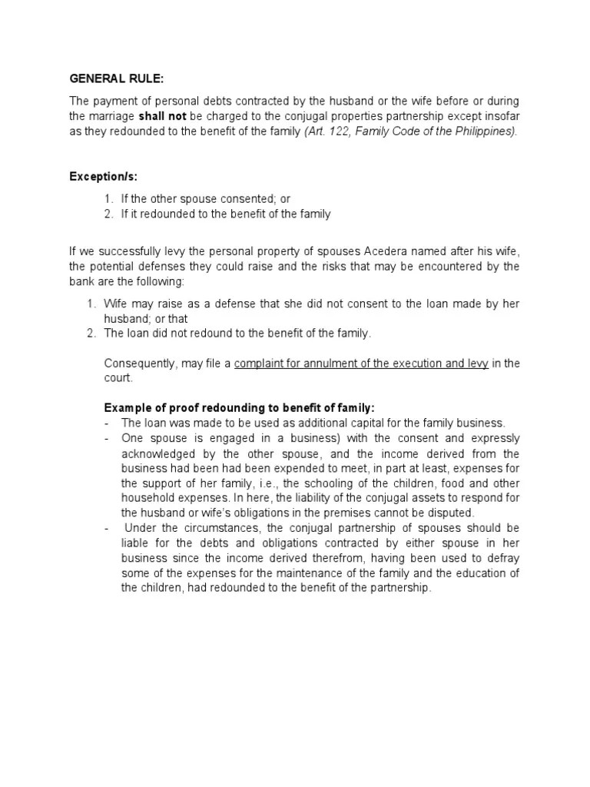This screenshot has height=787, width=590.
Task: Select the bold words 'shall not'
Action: tap(162, 116)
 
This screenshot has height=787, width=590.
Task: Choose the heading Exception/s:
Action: tap(104, 178)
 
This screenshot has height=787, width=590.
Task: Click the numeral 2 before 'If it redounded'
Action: tap(108, 214)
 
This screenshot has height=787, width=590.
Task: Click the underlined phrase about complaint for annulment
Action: tap(361, 364)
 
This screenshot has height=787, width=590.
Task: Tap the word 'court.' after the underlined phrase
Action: tap(118, 378)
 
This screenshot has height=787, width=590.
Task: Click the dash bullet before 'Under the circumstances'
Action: tap(108, 527)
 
